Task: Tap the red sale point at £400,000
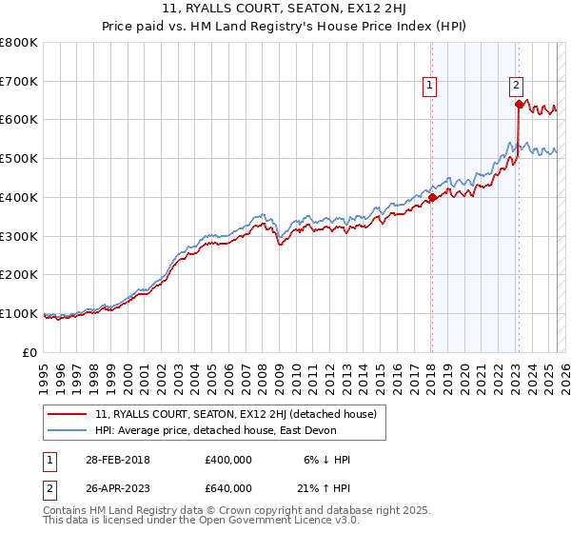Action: click(431, 198)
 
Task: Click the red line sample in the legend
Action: click(67, 414)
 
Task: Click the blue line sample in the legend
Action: click(67, 430)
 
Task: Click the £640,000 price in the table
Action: click(228, 487)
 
